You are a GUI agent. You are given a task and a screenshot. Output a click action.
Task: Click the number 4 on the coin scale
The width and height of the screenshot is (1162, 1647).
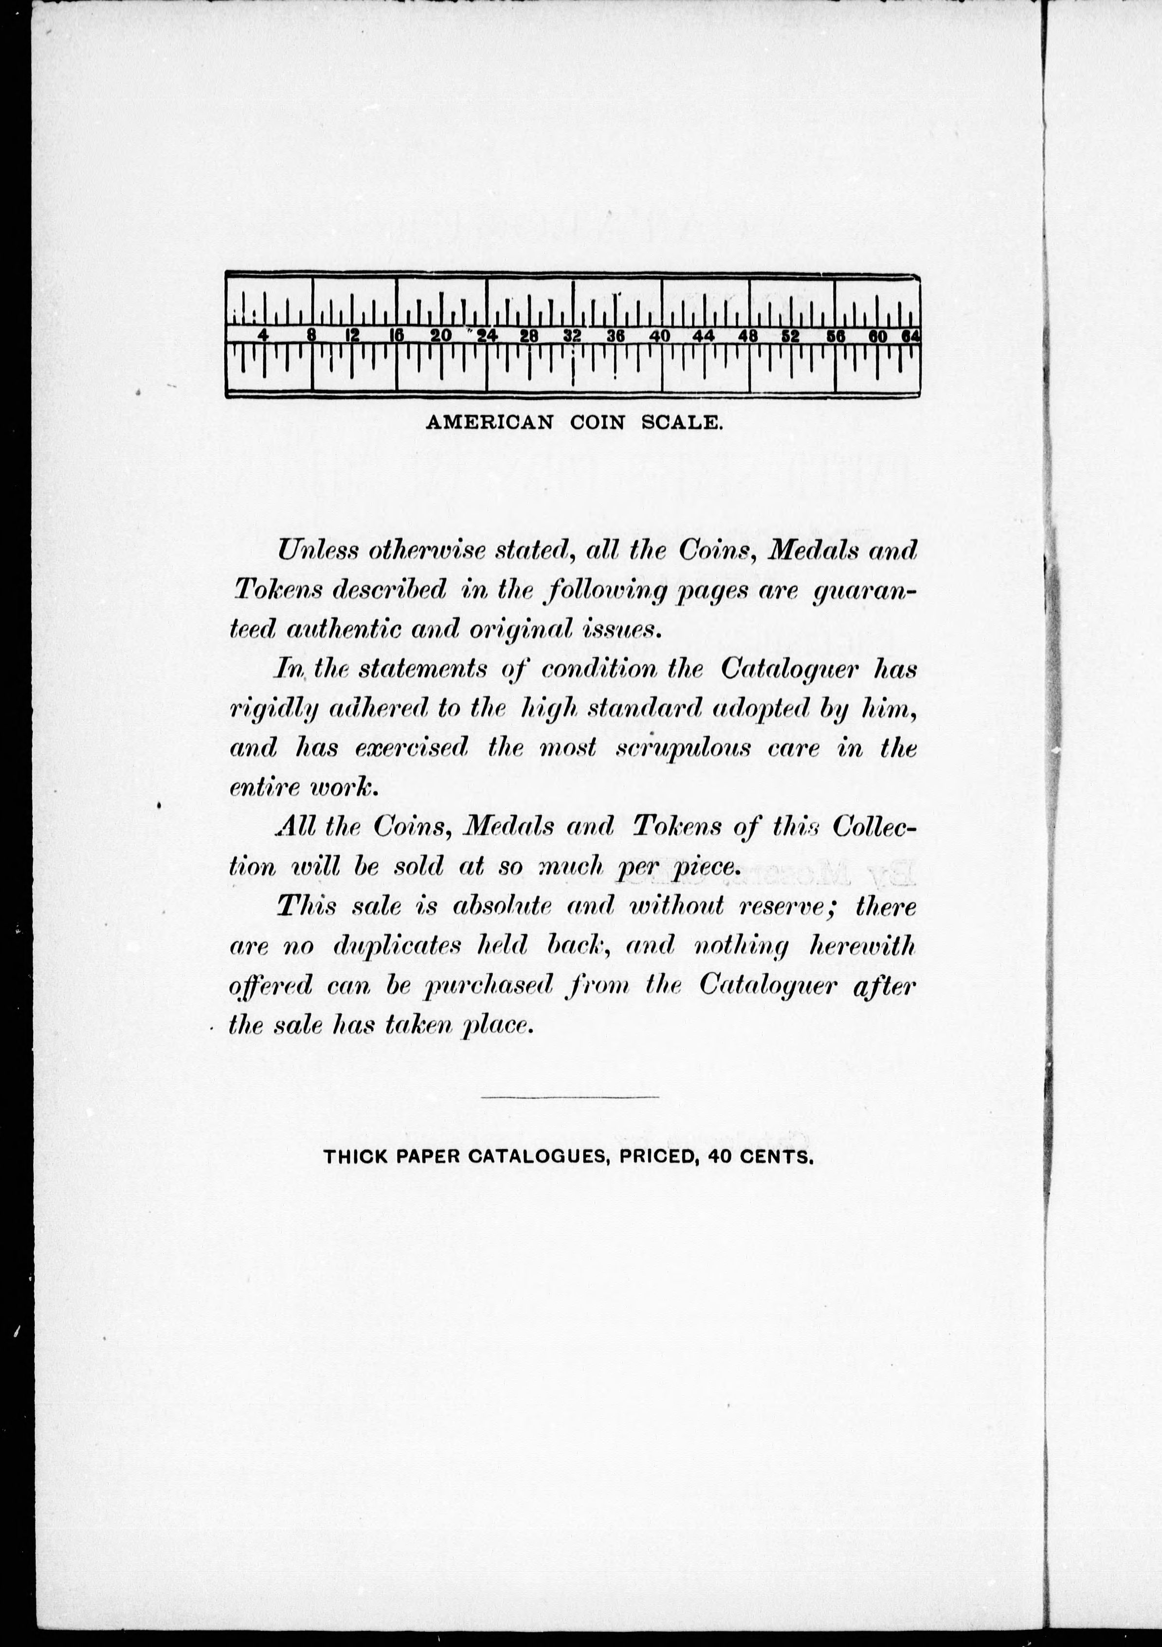coord(263,335)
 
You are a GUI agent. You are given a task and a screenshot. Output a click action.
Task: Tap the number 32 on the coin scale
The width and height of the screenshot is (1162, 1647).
coord(572,335)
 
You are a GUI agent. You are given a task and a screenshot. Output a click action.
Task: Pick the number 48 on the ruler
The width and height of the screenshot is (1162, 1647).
coord(749,335)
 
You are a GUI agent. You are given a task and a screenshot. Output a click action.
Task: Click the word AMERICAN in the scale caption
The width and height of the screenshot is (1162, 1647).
coord(490,422)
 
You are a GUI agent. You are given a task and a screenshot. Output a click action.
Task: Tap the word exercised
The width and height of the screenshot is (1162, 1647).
coord(412,748)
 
